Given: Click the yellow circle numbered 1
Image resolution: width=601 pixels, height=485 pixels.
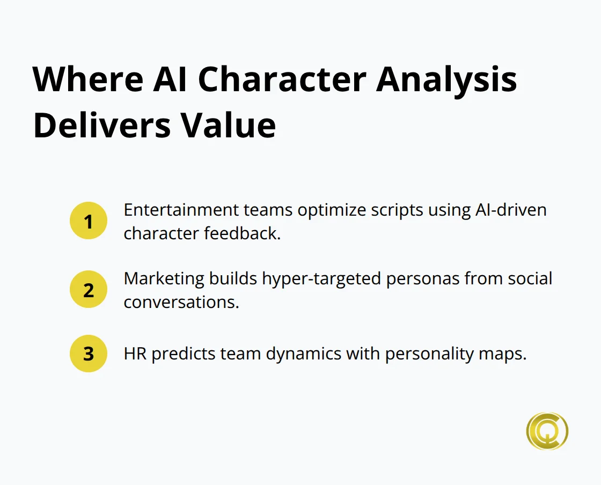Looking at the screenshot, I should click(89, 221).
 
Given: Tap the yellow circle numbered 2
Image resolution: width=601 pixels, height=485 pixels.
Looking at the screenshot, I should click(89, 290).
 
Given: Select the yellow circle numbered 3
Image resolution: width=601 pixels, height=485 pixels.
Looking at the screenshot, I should click(89, 354).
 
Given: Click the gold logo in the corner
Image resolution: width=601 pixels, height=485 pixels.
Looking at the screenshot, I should click(547, 431).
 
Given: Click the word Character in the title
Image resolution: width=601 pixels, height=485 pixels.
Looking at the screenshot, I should click(282, 79).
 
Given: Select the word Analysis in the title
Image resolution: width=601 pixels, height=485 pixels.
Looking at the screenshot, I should click(446, 79).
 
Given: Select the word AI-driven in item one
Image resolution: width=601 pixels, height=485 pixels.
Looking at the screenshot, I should click(510, 210).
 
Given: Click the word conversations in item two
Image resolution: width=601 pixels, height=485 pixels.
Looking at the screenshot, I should click(181, 302).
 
